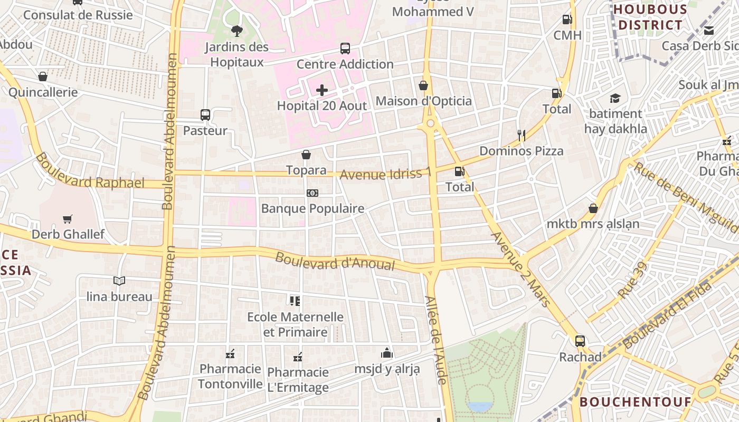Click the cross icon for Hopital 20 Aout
tap(322, 90)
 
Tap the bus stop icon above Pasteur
tap(205, 114)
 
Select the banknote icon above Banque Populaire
tap(312, 193)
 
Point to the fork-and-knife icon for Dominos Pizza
tap(521, 135)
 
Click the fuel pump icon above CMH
tap(567, 20)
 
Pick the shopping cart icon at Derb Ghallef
tap(68, 219)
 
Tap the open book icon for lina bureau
tap(119, 281)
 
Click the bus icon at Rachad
tap(580, 341)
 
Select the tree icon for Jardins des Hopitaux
tap(237, 31)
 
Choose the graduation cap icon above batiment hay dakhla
tap(615, 98)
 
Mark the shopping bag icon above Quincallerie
tap(43, 76)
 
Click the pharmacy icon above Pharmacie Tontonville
tap(230, 353)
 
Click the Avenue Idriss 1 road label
tap(385, 173)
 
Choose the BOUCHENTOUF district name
tap(636, 402)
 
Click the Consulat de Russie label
tap(78, 15)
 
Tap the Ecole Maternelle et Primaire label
tap(296, 324)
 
